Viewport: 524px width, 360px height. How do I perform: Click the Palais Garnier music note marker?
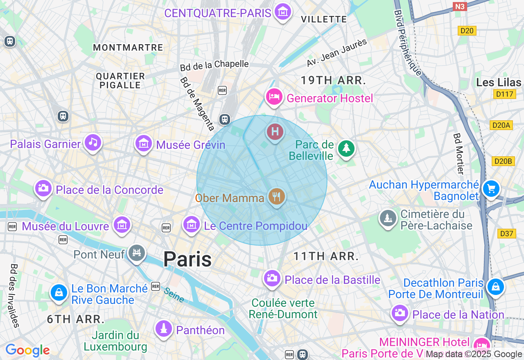click(x=93, y=142)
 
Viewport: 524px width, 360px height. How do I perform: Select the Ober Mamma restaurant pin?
click(x=277, y=196)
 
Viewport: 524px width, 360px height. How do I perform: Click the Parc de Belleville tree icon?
click(x=346, y=148)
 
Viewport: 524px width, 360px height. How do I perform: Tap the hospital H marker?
click(x=275, y=132)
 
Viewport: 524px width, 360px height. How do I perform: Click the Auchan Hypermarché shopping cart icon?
click(x=491, y=189)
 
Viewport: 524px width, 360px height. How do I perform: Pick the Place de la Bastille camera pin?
click(x=272, y=278)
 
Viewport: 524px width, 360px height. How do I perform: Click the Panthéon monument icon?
click(x=164, y=328)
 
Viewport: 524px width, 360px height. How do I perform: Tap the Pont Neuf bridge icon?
click(x=137, y=253)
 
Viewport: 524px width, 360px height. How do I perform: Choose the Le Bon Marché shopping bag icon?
click(x=59, y=292)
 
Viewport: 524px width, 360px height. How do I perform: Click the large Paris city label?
click(x=187, y=259)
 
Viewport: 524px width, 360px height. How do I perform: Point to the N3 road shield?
click(x=461, y=6)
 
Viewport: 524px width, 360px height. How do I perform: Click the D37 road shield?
click(x=506, y=234)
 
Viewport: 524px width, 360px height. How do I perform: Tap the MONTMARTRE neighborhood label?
click(x=128, y=47)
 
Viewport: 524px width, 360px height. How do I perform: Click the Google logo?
click(x=27, y=350)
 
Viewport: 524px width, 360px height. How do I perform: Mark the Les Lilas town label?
click(x=499, y=82)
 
